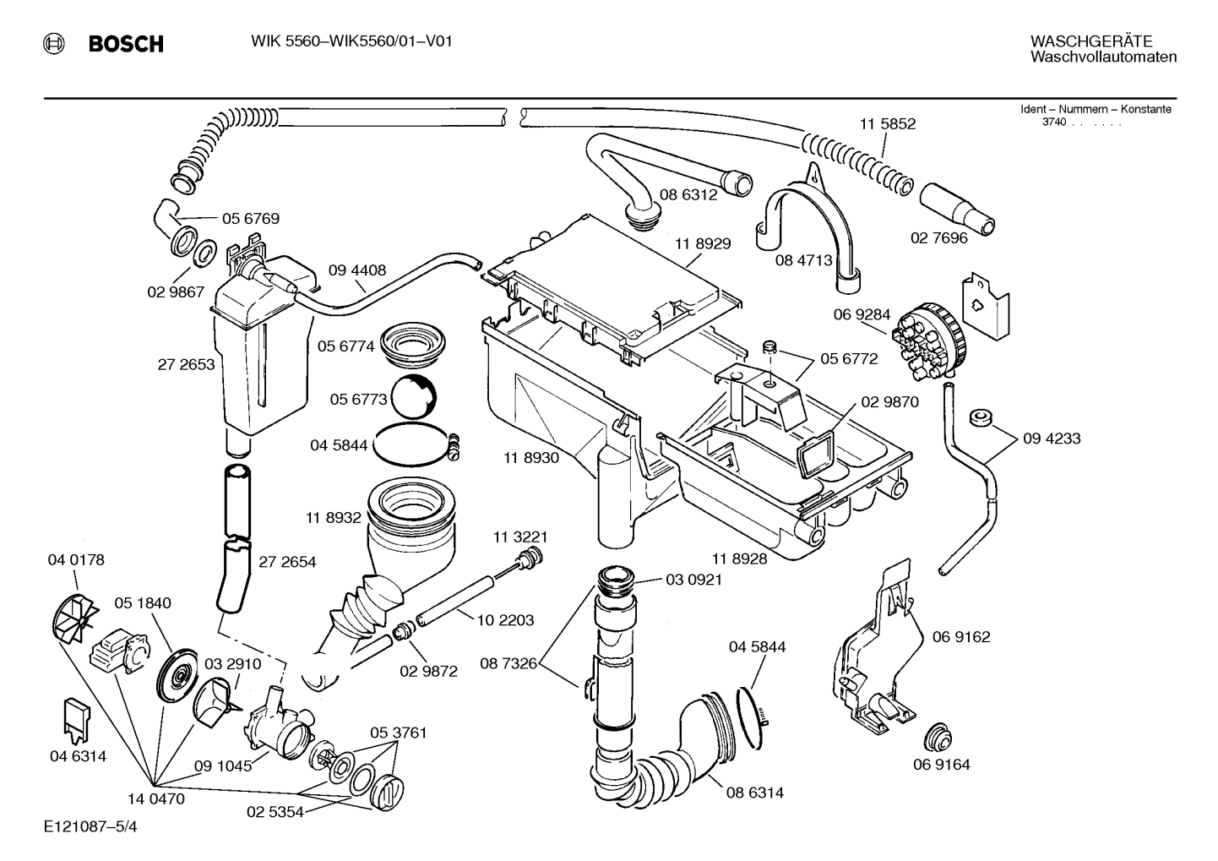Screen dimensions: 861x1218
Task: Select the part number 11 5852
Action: click(x=888, y=123)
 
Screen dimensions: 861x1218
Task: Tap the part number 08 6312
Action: click(x=688, y=194)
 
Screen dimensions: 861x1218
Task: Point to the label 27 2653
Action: click(x=186, y=365)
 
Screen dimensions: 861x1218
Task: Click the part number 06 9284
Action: click(x=862, y=315)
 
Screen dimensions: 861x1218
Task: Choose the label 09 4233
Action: click(x=1052, y=439)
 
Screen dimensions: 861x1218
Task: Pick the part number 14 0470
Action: click(x=155, y=798)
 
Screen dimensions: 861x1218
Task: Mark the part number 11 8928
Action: click(x=739, y=559)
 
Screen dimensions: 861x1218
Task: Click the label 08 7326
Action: click(x=508, y=663)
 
